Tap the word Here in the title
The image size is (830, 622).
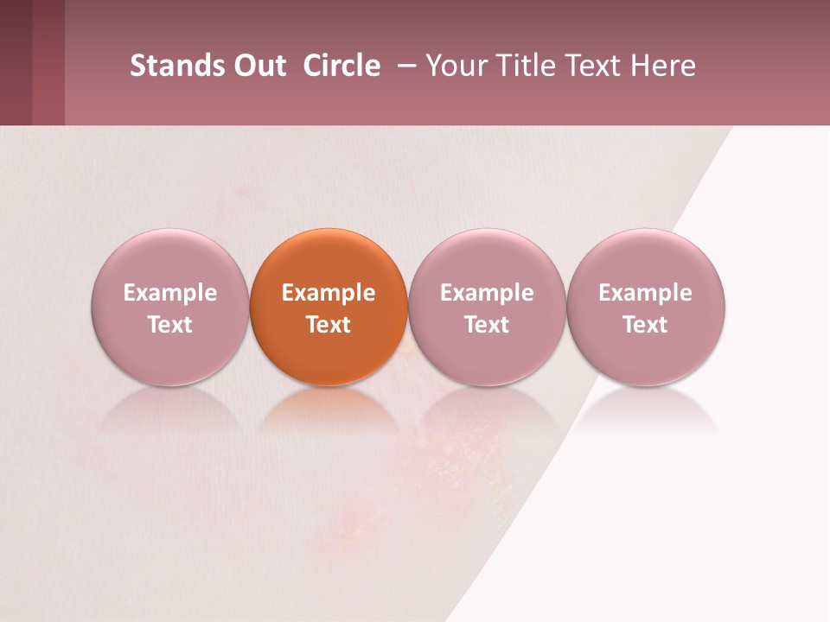(665, 66)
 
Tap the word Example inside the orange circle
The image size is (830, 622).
(329, 293)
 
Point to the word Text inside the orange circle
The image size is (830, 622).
(329, 325)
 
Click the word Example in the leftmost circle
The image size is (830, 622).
(170, 293)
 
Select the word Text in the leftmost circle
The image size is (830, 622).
(170, 325)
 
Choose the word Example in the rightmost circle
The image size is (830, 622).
(646, 293)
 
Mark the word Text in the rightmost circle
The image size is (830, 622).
(646, 325)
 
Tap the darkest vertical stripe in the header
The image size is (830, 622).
(16, 62)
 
